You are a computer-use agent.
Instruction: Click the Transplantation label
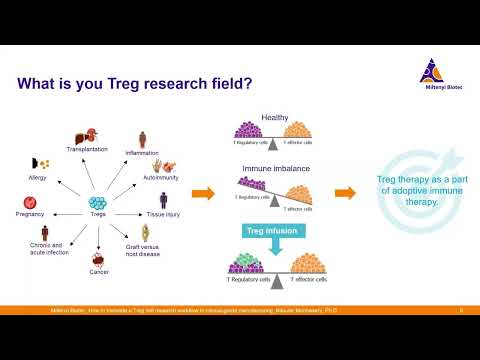click(87, 149)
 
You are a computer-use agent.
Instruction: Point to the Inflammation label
click(143, 153)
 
